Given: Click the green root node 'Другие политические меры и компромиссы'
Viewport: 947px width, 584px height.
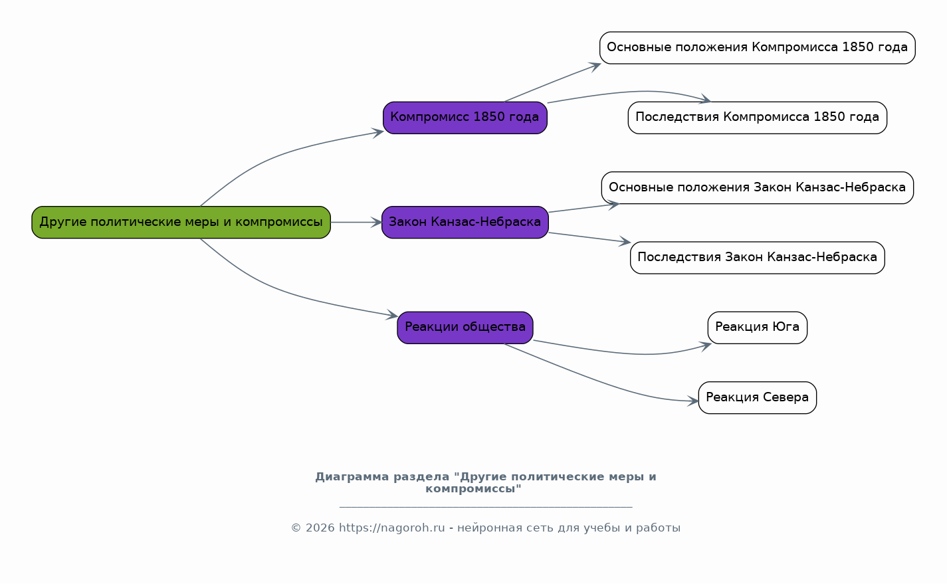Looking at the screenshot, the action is pos(181,223).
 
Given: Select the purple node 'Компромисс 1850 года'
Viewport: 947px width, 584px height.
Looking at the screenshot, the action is pos(465,118).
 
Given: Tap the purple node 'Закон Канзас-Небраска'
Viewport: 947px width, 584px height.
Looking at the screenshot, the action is pos(465,223).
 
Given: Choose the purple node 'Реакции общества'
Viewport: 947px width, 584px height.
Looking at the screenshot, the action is pos(465,328).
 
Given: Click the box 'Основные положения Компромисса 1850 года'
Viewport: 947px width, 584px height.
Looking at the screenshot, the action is pos(757,48).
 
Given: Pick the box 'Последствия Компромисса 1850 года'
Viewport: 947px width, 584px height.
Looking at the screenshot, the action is pos(757,118).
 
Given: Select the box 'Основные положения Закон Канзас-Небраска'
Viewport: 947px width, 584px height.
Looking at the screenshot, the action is pos(757,187).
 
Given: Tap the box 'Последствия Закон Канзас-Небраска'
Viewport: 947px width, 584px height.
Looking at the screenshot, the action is pos(757,258).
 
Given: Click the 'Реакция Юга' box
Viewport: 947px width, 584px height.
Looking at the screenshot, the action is pos(757,328).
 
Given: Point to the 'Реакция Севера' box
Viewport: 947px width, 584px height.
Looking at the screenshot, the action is pos(757,398).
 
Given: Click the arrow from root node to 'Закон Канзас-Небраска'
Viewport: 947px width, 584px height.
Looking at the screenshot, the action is pos(356,223).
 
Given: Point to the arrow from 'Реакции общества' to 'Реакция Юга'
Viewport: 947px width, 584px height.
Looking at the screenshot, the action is pos(621,352).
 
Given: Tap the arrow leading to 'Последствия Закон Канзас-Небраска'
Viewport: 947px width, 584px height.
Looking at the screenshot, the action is pos(589,237).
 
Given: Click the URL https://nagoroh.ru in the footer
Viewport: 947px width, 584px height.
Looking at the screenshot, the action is pos(392,528).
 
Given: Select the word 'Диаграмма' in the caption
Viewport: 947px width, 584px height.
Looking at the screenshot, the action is pos(352,476).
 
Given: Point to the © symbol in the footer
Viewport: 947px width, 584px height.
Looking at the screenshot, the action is pos(296,528).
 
